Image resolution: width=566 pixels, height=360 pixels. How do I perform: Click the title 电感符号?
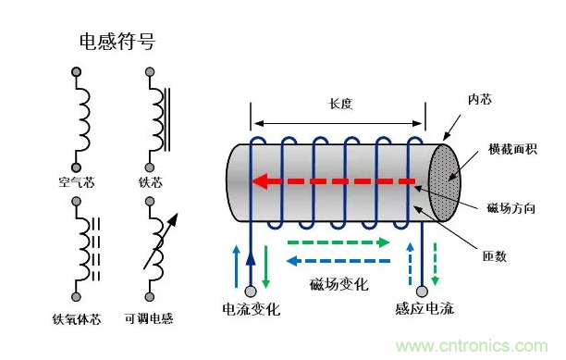tap(117, 41)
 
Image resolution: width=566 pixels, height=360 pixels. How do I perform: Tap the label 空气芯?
tap(76, 182)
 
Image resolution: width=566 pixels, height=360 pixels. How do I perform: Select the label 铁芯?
tap(151, 182)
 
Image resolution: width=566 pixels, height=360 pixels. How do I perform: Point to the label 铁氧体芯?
tap(76, 319)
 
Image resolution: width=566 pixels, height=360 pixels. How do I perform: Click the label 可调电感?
tap(149, 318)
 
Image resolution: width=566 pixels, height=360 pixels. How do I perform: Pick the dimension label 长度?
tap(340, 104)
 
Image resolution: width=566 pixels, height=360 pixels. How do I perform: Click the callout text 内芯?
tap(480, 99)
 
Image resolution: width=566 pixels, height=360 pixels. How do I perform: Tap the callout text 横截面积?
tap(512, 149)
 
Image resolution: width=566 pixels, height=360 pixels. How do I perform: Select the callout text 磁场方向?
tap(511, 208)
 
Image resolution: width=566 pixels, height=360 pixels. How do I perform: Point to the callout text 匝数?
tap(495, 256)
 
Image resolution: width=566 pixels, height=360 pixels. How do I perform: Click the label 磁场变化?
tap(338, 284)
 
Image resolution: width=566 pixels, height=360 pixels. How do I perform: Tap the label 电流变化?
tap(252, 309)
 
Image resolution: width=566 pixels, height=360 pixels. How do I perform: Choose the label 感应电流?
tap(424, 309)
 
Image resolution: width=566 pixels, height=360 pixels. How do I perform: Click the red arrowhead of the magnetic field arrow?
tap(260, 181)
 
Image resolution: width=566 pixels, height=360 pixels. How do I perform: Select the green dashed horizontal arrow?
tap(338, 242)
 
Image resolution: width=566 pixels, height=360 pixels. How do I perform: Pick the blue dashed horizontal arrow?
tap(338, 261)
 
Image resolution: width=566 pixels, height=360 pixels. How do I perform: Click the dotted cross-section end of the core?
tap(444, 182)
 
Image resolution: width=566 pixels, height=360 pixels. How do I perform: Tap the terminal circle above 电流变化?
tap(251, 291)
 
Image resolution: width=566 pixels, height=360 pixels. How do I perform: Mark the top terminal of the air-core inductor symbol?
tap(76, 72)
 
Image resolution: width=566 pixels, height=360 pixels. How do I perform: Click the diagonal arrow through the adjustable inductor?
tap(161, 242)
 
